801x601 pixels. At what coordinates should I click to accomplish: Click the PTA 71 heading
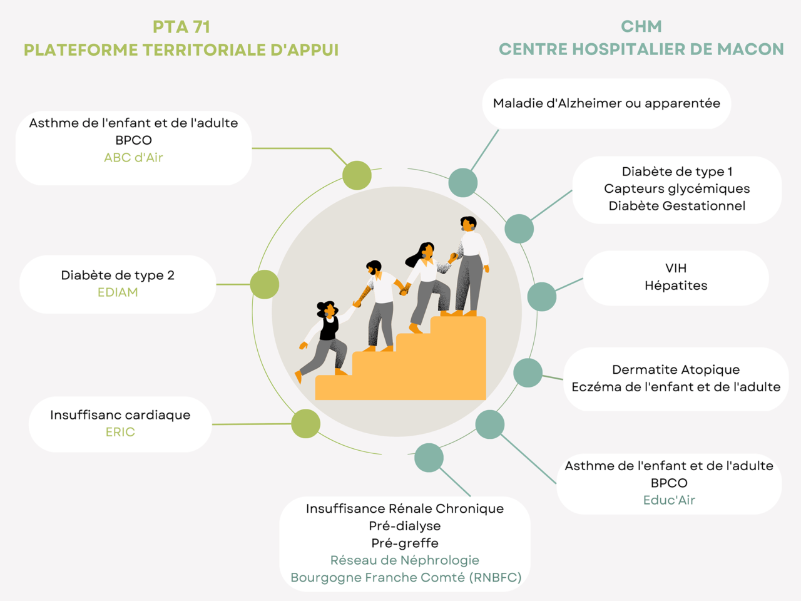pyautogui.click(x=181, y=27)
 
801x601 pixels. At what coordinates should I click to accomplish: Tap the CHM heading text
pyautogui.click(x=641, y=26)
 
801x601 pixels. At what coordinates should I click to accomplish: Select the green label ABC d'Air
pyautogui.click(x=133, y=158)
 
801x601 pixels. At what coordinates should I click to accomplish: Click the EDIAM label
pyautogui.click(x=118, y=292)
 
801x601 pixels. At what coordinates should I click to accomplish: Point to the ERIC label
pyautogui.click(x=120, y=432)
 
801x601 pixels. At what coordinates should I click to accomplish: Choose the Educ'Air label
pyautogui.click(x=669, y=500)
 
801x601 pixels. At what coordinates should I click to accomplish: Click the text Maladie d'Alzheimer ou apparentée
pyautogui.click(x=606, y=103)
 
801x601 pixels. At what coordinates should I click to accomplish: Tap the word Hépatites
pyautogui.click(x=676, y=285)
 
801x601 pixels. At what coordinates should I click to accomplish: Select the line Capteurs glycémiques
pyautogui.click(x=676, y=188)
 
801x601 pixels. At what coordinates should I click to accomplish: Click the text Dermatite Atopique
pyautogui.click(x=676, y=369)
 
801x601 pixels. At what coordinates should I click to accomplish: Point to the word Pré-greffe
pyautogui.click(x=405, y=543)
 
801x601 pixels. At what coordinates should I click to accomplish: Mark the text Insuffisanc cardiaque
pyautogui.click(x=120, y=415)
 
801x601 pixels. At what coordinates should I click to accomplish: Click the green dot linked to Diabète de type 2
pyautogui.click(x=265, y=285)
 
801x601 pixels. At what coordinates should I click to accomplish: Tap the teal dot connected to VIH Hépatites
pyautogui.click(x=542, y=297)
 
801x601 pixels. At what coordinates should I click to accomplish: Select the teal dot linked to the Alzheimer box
pyautogui.click(x=463, y=183)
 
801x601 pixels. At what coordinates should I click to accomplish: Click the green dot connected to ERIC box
pyautogui.click(x=306, y=424)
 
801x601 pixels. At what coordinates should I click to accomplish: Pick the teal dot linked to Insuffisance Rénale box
pyautogui.click(x=429, y=458)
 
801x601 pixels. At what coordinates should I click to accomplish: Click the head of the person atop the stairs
pyautogui.click(x=468, y=223)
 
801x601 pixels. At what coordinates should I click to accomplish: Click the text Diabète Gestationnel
pyautogui.click(x=676, y=206)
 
